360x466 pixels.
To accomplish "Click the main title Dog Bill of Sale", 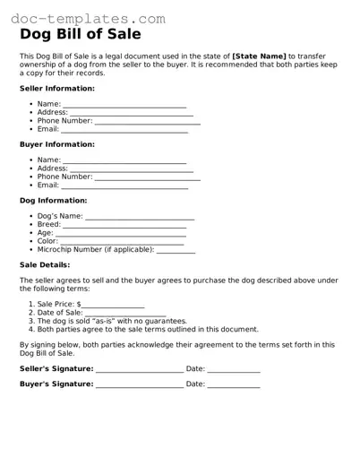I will [x=80, y=36].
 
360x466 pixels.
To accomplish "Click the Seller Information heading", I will [x=57, y=89].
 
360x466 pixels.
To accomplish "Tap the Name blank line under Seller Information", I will [x=124, y=106].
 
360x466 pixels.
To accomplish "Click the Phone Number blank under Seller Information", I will [x=147, y=122].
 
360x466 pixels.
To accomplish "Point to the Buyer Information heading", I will [x=57, y=144].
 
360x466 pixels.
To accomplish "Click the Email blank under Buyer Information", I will [x=124, y=186].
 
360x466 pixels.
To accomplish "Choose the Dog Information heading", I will [x=54, y=201].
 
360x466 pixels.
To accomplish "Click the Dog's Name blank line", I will [x=140, y=218].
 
